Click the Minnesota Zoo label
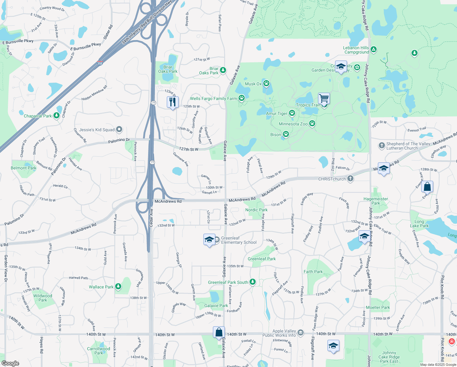coord(293,124)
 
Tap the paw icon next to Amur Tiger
coord(292,113)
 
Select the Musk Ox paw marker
coord(266,83)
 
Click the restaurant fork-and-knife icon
coord(173,102)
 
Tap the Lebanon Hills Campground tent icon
coord(373,50)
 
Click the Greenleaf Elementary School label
coord(239,240)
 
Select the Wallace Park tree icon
coord(118,287)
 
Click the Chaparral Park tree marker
coord(56,116)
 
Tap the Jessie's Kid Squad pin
coord(119,130)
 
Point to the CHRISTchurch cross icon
coord(350,179)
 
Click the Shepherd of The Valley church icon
coord(382,146)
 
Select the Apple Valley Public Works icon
coord(301,333)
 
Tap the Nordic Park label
coord(256,210)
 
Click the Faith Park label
coord(313,272)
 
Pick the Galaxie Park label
coord(216,306)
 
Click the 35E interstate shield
coord(100,63)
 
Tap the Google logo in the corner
coord(10,363)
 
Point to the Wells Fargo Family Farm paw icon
coord(242,98)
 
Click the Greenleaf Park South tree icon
coord(253,282)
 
